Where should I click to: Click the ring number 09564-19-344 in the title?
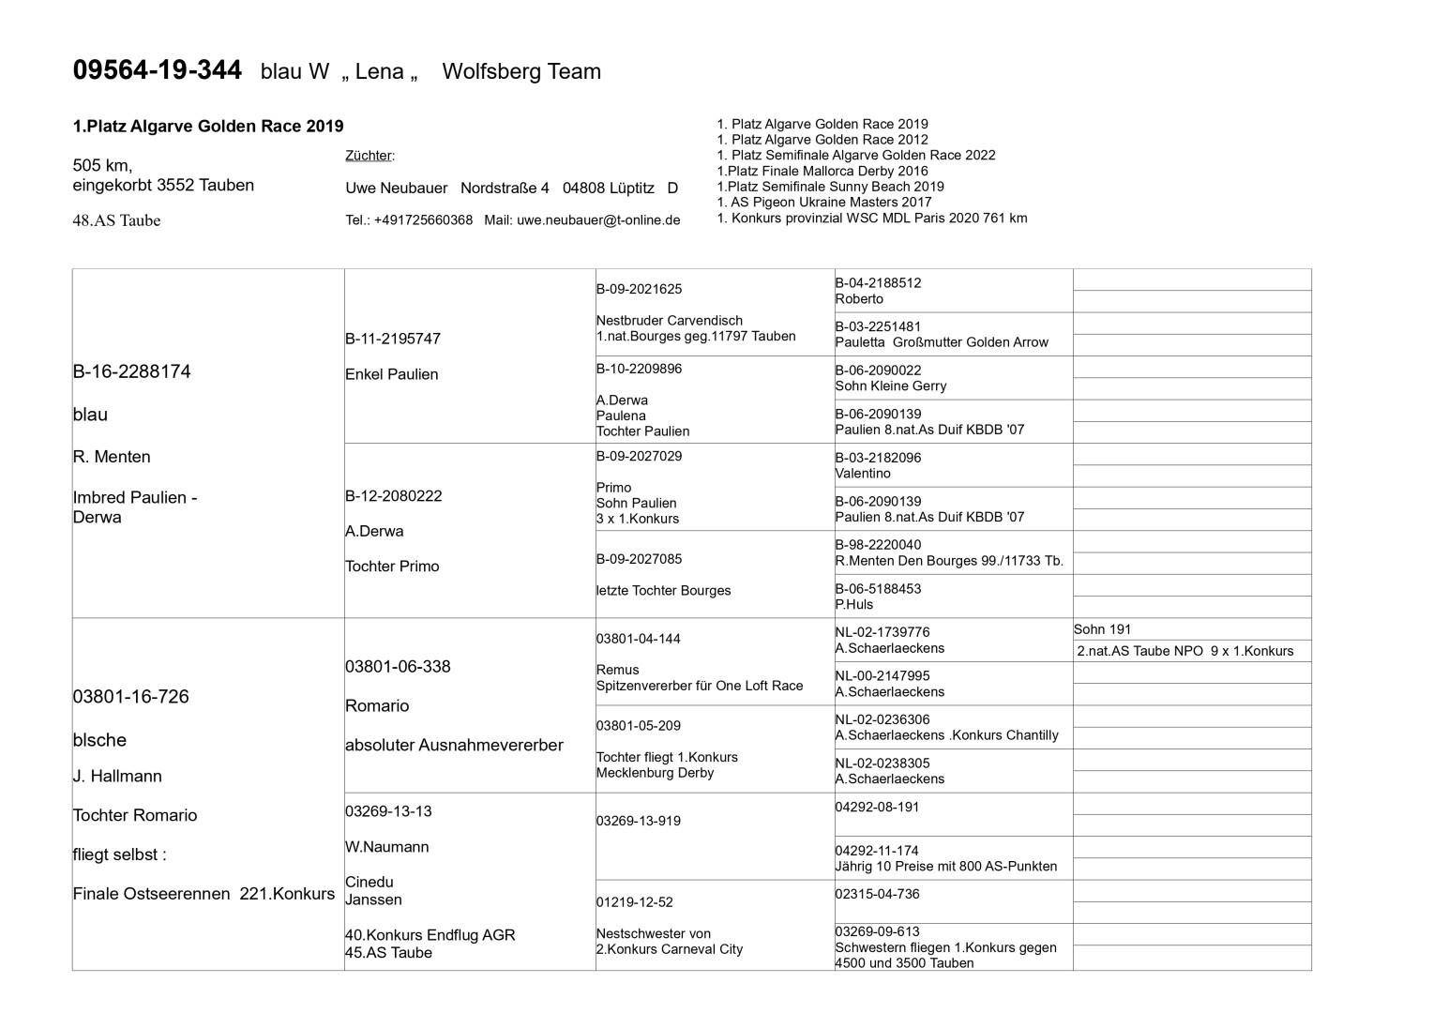tap(157, 70)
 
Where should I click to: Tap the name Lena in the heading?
tap(379, 72)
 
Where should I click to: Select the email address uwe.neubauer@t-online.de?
tap(598, 220)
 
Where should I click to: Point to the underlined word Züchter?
tap(369, 156)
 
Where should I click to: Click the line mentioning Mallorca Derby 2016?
tap(822, 171)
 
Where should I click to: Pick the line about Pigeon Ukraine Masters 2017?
tap(823, 202)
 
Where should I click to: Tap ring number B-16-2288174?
tap(131, 371)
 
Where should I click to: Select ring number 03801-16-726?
tap(130, 697)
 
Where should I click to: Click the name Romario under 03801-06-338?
tap(377, 706)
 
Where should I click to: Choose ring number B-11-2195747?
tap(392, 339)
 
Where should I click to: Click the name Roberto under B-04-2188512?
tap(859, 299)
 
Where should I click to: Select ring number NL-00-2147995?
tap(882, 675)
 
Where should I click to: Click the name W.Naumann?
tap(386, 847)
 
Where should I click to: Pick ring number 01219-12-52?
tap(634, 902)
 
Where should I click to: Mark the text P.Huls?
tap(853, 605)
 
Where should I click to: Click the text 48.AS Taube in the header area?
tap(116, 221)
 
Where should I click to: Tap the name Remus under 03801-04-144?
tap(617, 670)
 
